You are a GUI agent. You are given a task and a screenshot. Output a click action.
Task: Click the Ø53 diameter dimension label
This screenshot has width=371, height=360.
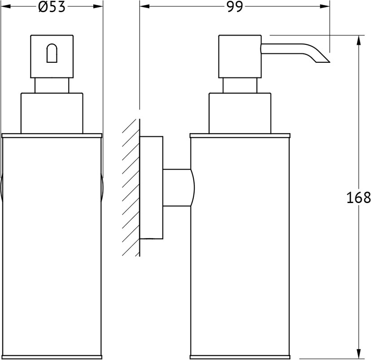[x=52, y=7]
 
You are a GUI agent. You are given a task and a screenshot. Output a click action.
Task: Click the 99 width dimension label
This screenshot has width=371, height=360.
[x=235, y=7]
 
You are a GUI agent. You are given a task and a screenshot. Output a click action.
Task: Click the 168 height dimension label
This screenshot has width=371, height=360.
[x=358, y=198]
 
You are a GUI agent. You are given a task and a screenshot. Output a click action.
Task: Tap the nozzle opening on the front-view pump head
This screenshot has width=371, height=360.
[x=52, y=53]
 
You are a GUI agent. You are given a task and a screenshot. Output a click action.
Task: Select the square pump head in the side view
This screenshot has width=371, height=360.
[x=240, y=56]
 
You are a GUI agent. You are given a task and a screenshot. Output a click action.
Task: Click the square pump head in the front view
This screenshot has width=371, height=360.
[x=52, y=56]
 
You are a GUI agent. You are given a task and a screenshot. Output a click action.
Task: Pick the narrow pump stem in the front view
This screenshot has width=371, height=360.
[x=52, y=85]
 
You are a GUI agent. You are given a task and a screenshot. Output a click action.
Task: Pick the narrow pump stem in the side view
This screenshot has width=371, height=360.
[x=240, y=85]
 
